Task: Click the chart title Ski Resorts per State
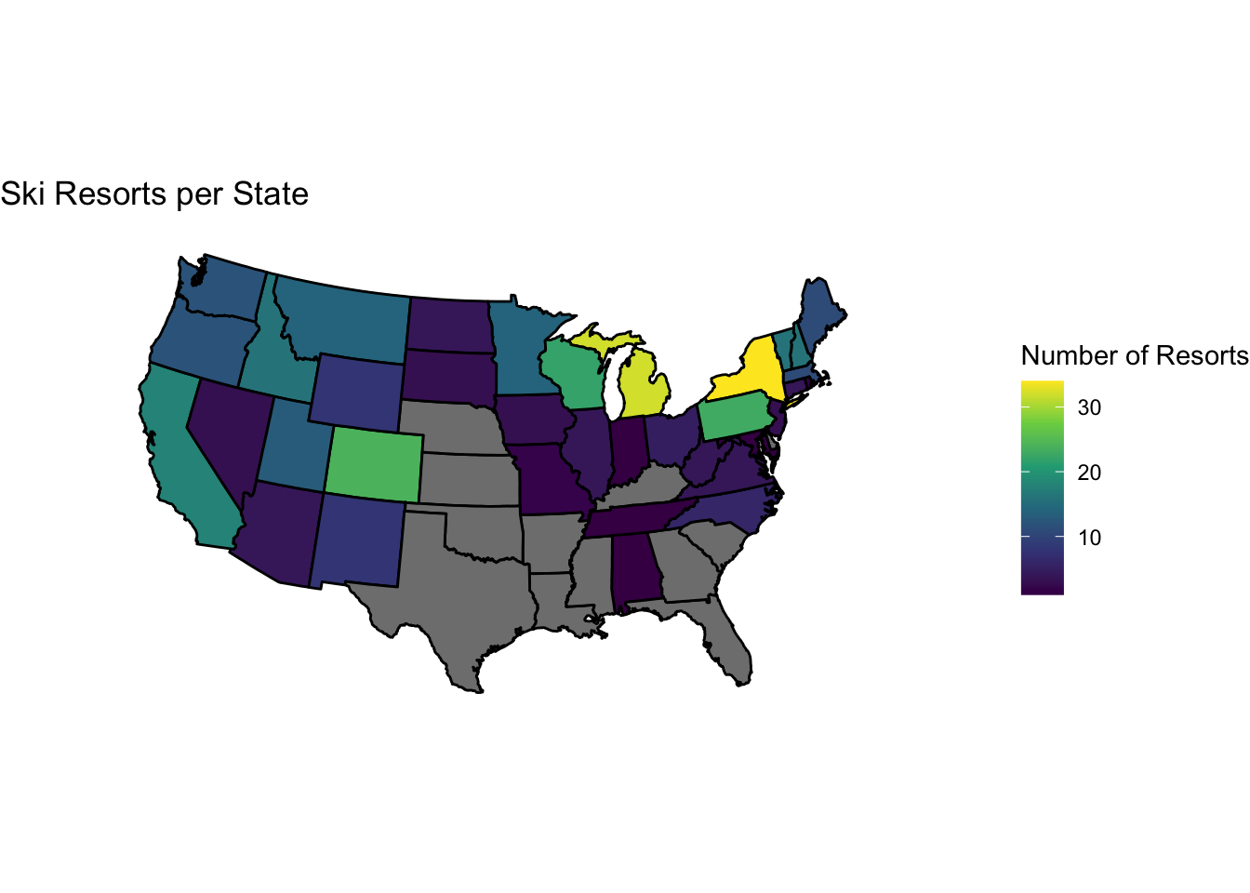[154, 194]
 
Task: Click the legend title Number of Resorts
[1135, 355]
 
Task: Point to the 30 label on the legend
[1089, 407]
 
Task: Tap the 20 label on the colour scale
[1089, 473]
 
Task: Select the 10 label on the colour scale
[1089, 538]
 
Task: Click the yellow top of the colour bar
[1042, 385]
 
